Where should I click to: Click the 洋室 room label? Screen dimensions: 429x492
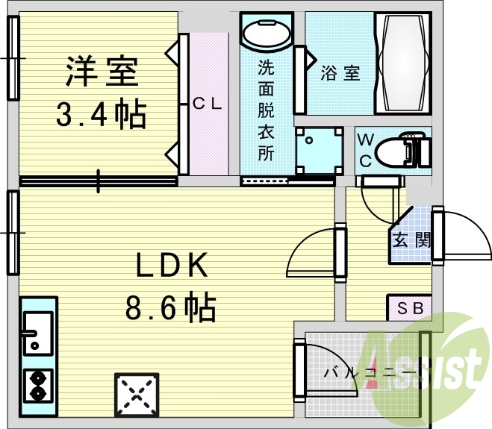(x=102, y=72)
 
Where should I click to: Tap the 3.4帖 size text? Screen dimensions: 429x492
(x=102, y=114)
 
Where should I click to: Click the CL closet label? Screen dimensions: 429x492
(x=207, y=104)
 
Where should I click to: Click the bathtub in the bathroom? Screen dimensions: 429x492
(x=404, y=63)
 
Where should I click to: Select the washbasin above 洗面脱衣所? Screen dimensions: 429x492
(x=267, y=34)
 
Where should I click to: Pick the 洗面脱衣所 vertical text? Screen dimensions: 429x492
(x=267, y=110)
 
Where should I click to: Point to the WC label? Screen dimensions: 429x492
(x=366, y=150)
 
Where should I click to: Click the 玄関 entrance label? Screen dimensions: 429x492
(x=411, y=241)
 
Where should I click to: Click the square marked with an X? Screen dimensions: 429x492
(x=137, y=395)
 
